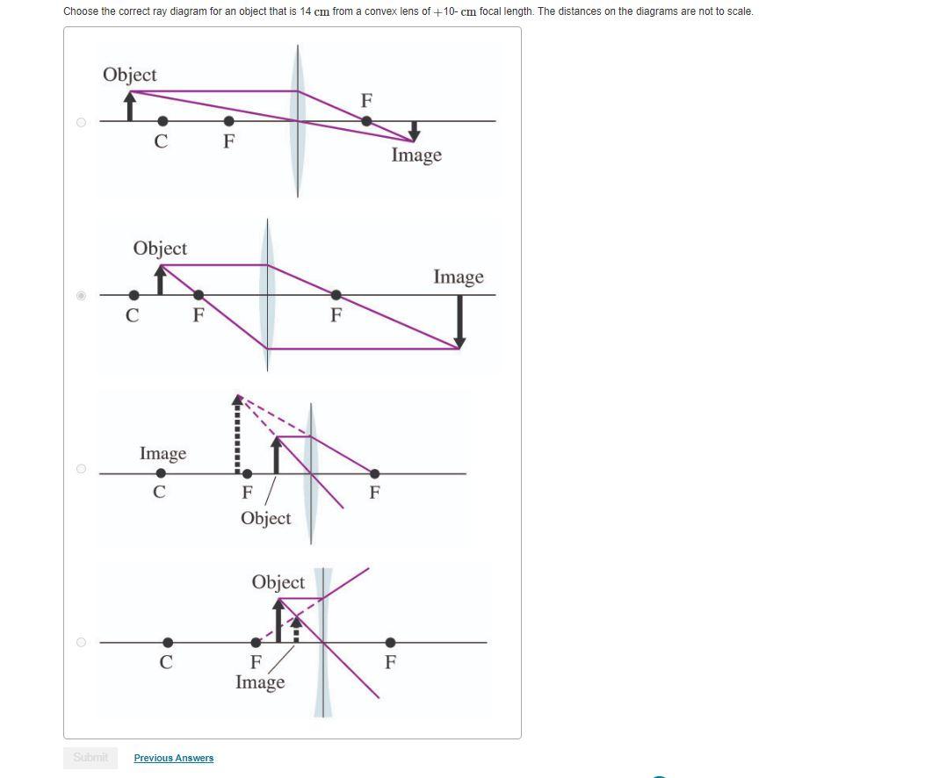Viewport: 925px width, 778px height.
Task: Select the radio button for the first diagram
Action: pos(81,122)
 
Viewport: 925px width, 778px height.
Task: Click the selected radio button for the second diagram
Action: pos(81,296)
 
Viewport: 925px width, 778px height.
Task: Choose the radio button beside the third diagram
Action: pos(81,469)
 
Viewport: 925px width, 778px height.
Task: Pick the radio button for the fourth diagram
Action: pos(81,642)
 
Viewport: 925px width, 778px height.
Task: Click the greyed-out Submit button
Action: pos(90,757)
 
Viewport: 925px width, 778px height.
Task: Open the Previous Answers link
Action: pos(174,758)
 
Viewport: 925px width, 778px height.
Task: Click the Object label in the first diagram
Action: pos(130,75)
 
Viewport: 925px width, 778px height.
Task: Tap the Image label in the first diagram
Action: pos(416,155)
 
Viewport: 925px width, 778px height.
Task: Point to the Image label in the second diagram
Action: pos(458,277)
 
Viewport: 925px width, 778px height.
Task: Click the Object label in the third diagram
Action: pos(265,518)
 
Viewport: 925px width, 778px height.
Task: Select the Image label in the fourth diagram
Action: pos(260,682)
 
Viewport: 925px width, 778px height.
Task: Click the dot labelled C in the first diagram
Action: pos(163,121)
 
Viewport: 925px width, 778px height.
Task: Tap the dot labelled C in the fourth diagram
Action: pos(168,643)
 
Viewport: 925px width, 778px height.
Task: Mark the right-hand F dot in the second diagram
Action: pos(336,295)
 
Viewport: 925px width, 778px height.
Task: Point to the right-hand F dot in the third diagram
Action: pos(374,473)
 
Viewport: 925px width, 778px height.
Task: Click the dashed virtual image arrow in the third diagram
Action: pos(236,435)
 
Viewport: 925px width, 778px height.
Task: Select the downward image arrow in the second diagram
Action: pos(459,321)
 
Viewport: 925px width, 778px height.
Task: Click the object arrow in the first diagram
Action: pos(131,107)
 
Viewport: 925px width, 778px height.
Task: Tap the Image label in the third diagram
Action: pos(163,454)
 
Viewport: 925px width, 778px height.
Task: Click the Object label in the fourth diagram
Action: pos(278,582)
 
